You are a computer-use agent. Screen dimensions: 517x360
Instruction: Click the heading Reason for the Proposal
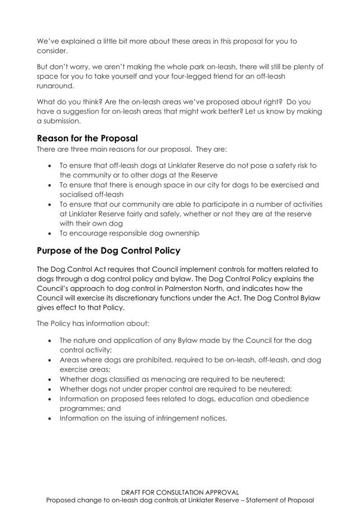pos(87,137)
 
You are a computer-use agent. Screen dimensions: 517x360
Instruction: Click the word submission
pos(63,121)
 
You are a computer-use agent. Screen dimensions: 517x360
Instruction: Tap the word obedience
pos(285,399)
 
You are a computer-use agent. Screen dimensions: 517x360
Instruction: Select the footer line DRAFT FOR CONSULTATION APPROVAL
pos(180,492)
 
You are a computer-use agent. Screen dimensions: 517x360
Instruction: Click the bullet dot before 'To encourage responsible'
pos(51,233)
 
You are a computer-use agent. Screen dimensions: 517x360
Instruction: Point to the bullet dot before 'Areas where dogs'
pos(51,360)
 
